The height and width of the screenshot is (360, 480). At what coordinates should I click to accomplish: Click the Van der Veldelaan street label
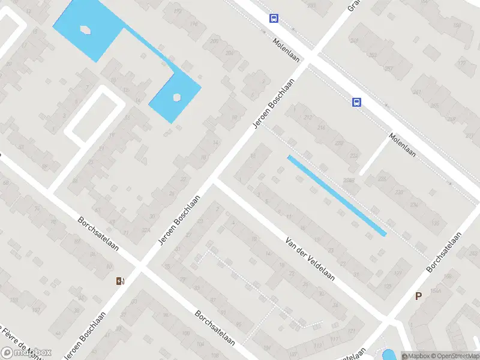(309, 262)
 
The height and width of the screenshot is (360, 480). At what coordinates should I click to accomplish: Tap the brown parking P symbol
(418, 296)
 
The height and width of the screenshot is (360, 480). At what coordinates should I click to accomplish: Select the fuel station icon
(121, 281)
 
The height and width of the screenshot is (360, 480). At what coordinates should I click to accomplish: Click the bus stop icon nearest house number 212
(357, 102)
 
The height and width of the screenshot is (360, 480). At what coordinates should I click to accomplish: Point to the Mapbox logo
(26, 353)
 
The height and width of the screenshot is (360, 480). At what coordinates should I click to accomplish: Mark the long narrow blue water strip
(337, 196)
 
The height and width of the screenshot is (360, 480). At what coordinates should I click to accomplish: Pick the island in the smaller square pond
(177, 97)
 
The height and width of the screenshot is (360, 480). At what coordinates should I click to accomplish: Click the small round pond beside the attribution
(388, 355)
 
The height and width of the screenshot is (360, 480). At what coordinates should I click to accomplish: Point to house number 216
(322, 128)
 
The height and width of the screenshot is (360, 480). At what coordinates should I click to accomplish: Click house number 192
(176, 11)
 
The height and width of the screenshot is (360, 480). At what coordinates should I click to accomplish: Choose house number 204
(230, 53)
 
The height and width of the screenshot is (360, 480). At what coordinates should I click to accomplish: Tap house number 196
(193, 24)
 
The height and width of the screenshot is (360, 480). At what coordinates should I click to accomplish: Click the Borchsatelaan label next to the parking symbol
(446, 252)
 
